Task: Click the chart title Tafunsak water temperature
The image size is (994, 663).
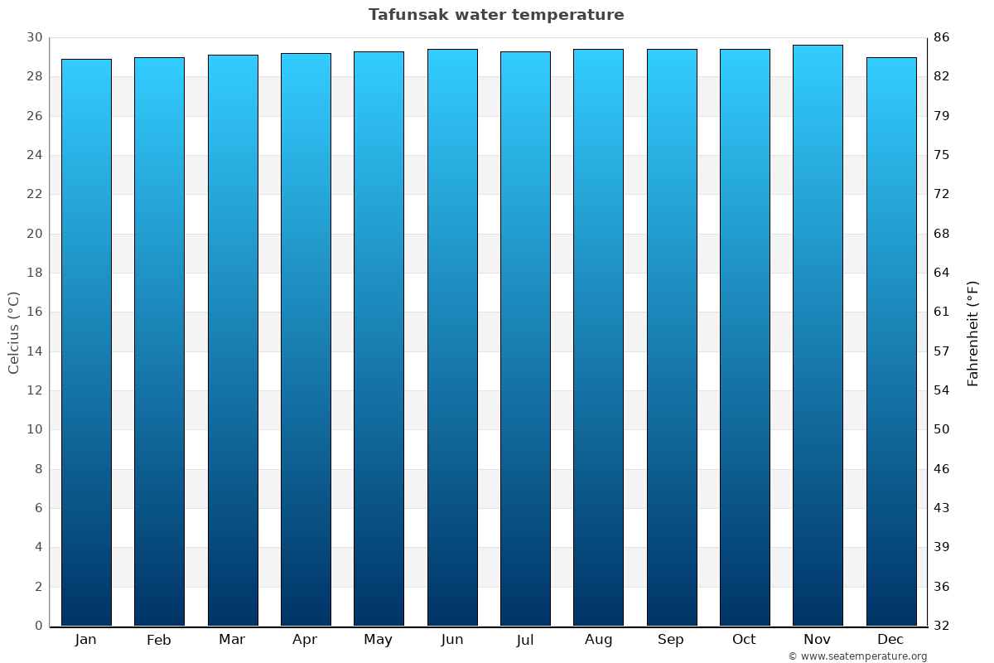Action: tap(496, 15)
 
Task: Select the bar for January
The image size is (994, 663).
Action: tap(86, 342)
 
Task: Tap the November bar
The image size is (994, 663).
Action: tap(818, 336)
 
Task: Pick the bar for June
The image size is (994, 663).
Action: tap(452, 337)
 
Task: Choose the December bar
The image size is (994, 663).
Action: tap(891, 341)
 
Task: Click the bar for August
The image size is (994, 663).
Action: tap(598, 337)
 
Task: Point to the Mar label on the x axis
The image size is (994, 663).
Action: tap(232, 640)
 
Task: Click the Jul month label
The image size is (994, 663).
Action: tap(525, 640)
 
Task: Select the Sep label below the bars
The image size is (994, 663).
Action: tap(671, 640)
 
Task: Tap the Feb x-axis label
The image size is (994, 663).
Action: tap(159, 640)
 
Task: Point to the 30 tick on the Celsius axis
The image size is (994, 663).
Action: tap(34, 37)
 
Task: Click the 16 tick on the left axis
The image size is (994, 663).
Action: tap(34, 312)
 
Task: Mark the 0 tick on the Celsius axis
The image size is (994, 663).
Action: tap(38, 626)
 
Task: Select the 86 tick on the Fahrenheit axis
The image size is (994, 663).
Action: tap(941, 37)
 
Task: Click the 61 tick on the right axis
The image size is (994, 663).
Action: tap(941, 312)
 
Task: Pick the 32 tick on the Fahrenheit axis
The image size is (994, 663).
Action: tap(941, 626)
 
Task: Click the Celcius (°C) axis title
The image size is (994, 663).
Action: tap(14, 332)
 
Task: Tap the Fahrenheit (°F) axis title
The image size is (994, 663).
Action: tap(973, 333)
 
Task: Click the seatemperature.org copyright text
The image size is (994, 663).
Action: tap(857, 656)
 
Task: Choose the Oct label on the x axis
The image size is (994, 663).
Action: tap(744, 640)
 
